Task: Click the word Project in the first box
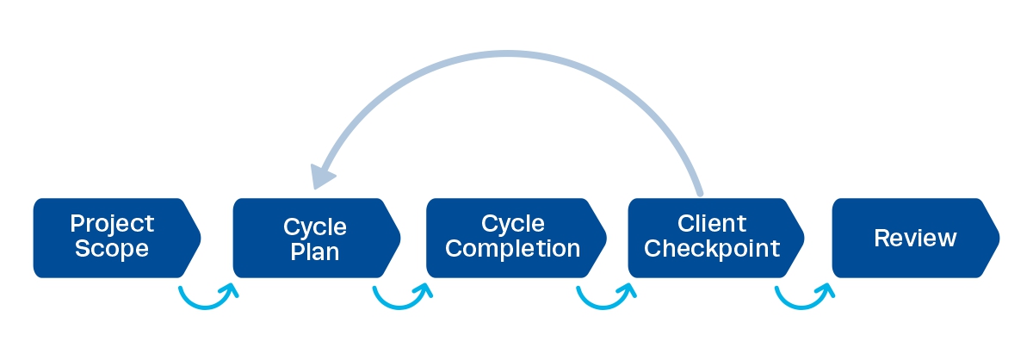click(x=112, y=224)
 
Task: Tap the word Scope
click(x=112, y=249)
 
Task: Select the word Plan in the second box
click(x=314, y=252)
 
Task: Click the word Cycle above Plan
click(x=314, y=227)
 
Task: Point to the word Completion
click(x=513, y=249)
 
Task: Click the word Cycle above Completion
click(x=513, y=224)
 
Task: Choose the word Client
click(x=712, y=224)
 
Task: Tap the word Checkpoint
click(x=712, y=249)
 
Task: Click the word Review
click(x=914, y=238)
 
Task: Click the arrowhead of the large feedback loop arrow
click(x=322, y=176)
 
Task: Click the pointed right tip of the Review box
click(x=999, y=238)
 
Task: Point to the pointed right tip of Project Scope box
click(x=201, y=238)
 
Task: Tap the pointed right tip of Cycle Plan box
click(x=400, y=238)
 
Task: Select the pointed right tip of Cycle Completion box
click(x=606, y=238)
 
